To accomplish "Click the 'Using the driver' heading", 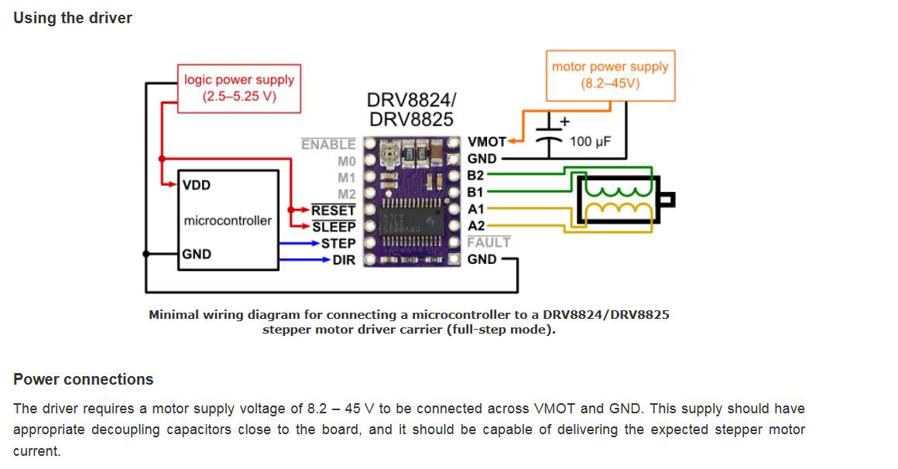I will tap(73, 18).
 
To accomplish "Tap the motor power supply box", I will tap(610, 75).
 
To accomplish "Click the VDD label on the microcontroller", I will tap(197, 186).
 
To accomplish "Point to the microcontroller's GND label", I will tap(197, 254).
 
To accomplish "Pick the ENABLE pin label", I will tap(328, 145).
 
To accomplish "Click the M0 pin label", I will tap(346, 162).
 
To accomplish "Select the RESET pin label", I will tap(334, 211).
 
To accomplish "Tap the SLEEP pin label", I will tap(334, 227).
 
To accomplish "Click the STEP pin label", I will tap(338, 244).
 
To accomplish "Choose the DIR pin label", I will tap(344, 260).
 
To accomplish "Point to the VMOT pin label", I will tap(486, 142).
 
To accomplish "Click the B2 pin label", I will tap(475, 176).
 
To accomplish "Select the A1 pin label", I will tap(475, 209).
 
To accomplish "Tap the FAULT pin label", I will tap(488, 242).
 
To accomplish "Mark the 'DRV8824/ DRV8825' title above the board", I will tap(412, 111).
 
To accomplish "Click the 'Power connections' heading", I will tap(84, 379).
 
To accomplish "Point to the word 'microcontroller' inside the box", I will tap(228, 221).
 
